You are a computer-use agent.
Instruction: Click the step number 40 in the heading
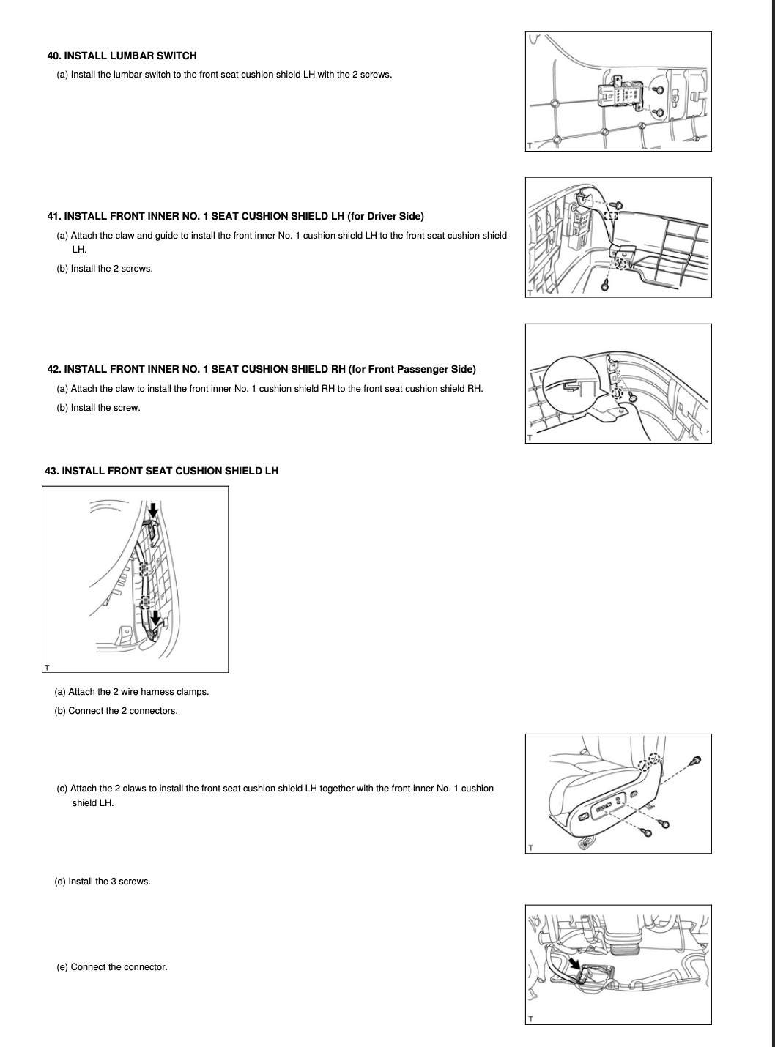tap(53, 56)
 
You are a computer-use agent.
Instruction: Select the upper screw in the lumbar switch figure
tap(659, 90)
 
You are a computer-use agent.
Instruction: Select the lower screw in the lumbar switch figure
tap(659, 113)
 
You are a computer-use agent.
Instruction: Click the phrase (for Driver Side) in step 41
tap(385, 216)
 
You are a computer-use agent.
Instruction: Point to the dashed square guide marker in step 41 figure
tap(612, 216)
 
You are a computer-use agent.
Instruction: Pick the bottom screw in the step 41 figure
tap(605, 285)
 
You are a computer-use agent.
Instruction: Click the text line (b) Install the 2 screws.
tap(105, 269)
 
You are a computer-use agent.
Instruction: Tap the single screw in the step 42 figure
tap(633, 397)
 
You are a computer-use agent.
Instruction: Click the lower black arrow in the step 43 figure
tap(155, 619)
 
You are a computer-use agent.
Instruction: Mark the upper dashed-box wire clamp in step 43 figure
tap(144, 568)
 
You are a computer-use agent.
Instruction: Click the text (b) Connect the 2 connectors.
tap(116, 711)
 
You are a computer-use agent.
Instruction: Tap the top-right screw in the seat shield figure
tap(696, 761)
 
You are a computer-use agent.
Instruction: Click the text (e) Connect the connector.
tap(112, 967)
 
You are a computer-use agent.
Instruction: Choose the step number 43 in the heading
tap(51, 471)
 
